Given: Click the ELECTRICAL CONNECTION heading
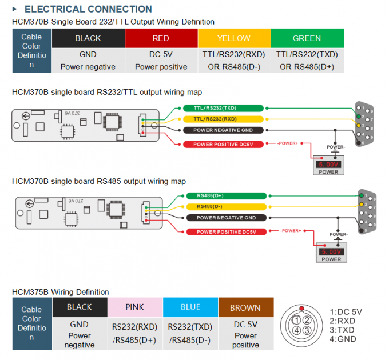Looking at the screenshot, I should pyautogui.click(x=88, y=9).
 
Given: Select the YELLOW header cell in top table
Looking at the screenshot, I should pyautogui.click(x=234, y=38).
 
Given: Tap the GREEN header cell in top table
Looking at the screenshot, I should pyautogui.click(x=307, y=38).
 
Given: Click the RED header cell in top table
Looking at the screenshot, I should pyautogui.click(x=161, y=38).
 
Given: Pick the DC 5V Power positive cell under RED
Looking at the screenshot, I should pyautogui.click(x=161, y=61).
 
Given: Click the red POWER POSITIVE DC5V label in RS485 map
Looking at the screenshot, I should pyautogui.click(x=227, y=231).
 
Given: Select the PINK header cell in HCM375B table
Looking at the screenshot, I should pyautogui.click(x=134, y=307).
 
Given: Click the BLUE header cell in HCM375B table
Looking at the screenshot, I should pyautogui.click(x=190, y=307).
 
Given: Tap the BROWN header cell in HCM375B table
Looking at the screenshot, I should pyautogui.click(x=245, y=307).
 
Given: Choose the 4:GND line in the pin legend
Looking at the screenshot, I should pyautogui.click(x=343, y=339).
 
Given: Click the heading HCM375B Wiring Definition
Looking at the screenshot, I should pyautogui.click(x=60, y=292).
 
